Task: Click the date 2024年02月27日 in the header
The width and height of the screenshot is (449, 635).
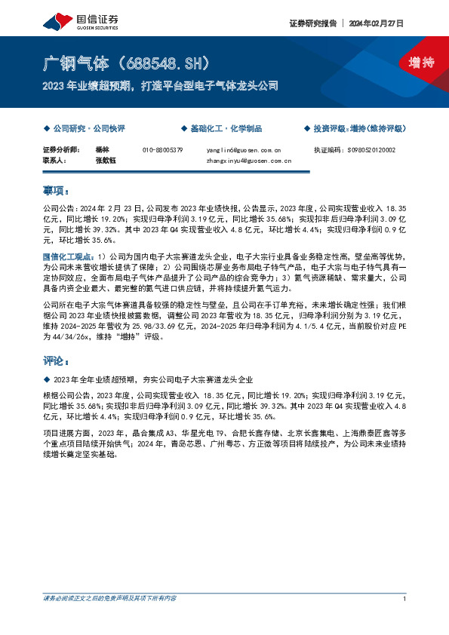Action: click(x=377, y=23)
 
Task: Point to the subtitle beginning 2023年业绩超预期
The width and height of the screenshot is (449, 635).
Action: click(x=161, y=85)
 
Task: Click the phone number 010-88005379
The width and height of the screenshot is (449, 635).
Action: click(x=163, y=150)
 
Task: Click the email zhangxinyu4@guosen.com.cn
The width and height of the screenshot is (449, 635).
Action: click(x=249, y=161)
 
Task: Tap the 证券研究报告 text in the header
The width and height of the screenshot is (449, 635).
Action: click(x=312, y=23)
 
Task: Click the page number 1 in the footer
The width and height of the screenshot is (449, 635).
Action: click(x=405, y=598)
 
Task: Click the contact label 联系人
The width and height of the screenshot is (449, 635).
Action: click(x=54, y=161)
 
